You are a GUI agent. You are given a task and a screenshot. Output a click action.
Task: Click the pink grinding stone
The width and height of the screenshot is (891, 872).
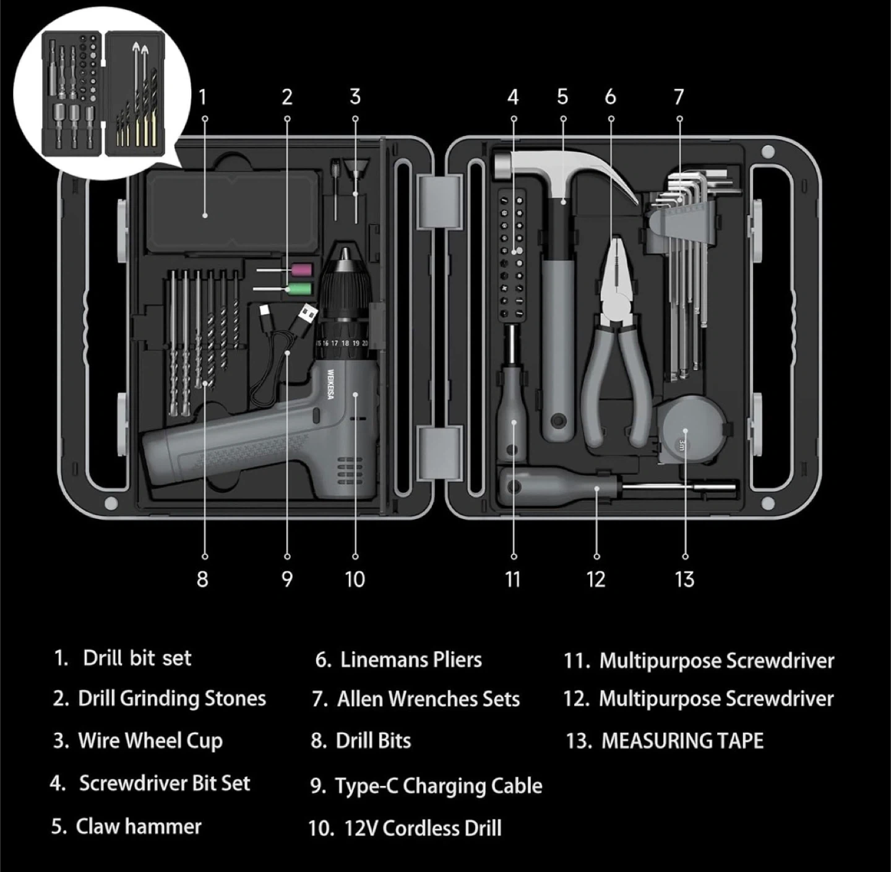[x=301, y=269]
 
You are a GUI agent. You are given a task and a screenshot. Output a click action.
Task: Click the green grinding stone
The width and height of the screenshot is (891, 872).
[x=300, y=289]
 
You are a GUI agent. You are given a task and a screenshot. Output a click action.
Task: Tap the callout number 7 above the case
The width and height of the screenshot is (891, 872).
[x=679, y=97]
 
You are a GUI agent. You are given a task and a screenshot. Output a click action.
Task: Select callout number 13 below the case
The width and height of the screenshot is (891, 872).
[x=684, y=579]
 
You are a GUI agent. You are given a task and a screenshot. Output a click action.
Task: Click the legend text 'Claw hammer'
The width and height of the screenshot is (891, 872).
[x=139, y=826]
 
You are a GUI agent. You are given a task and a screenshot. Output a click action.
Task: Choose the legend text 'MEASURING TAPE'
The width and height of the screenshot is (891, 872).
[x=682, y=741]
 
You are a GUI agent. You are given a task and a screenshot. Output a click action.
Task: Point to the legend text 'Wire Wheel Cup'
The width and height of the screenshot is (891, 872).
[x=150, y=741]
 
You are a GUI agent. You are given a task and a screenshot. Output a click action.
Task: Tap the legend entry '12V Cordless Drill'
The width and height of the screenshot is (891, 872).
[x=423, y=828]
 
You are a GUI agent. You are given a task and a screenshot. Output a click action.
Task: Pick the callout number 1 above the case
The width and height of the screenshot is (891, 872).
[x=202, y=97]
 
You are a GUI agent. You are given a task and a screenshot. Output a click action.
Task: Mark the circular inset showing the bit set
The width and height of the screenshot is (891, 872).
[x=101, y=93]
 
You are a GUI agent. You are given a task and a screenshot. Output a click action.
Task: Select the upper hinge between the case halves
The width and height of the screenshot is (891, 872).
[x=440, y=201]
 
